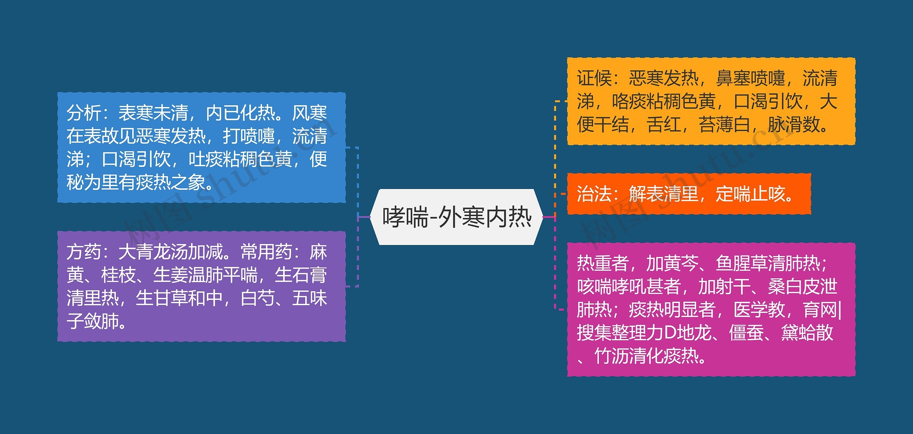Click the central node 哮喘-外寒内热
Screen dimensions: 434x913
[456, 217]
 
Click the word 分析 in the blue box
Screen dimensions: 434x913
[84, 113]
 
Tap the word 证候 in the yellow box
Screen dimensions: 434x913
[594, 78]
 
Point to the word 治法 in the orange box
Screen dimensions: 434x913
[594, 194]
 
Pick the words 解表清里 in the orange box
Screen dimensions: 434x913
[663, 194]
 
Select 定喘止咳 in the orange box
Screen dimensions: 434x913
[750, 194]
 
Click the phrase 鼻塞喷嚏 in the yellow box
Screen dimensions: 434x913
[750, 78]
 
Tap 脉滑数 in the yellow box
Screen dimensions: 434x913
[794, 125]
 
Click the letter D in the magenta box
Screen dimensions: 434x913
[670, 333]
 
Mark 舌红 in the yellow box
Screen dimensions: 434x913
[663, 125]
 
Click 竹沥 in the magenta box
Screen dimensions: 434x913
[611, 356]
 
